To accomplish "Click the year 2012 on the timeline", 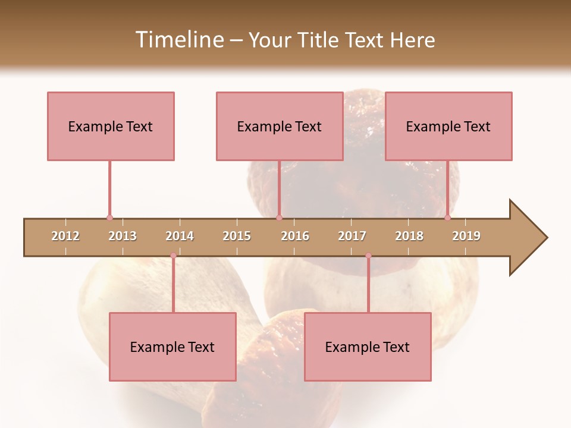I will (x=65, y=236).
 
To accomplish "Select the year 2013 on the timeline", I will (x=123, y=236).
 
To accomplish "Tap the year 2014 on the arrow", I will (x=180, y=236).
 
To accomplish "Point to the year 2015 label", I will (x=237, y=236).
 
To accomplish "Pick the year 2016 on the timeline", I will (x=295, y=236).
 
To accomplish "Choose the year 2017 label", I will (x=352, y=236).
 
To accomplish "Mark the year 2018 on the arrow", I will (x=409, y=236).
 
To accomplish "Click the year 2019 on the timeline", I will (x=466, y=236).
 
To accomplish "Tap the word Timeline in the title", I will (x=178, y=40).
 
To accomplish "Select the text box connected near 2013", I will (x=111, y=126).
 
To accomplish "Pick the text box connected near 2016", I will (x=280, y=126).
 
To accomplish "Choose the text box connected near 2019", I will (x=448, y=126).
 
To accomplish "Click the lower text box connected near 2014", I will (x=172, y=347).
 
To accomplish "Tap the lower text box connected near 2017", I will (x=368, y=347).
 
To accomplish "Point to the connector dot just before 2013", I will (x=109, y=218).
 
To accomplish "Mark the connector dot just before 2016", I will (x=279, y=218).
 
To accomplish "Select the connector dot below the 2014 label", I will (x=173, y=256).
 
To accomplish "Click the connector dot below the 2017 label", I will (x=368, y=256).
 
